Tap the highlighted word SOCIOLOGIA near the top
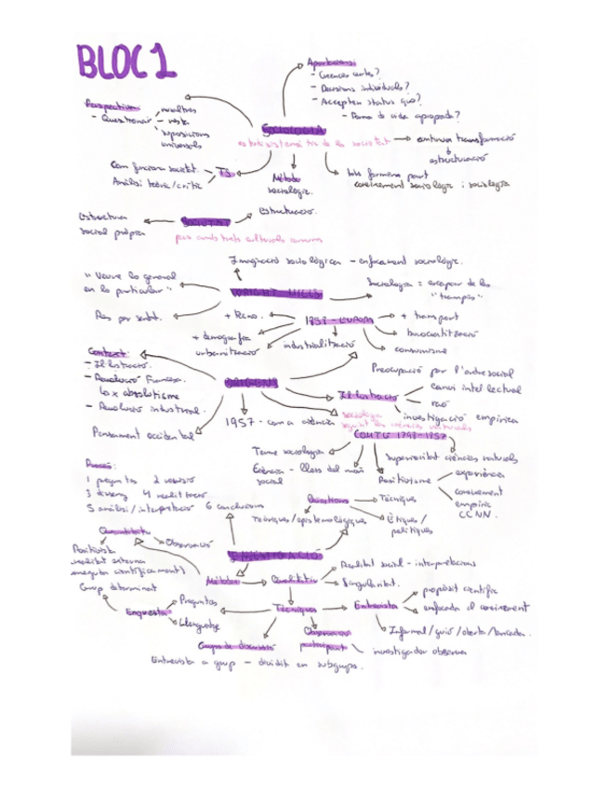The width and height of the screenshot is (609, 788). pos(293,128)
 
